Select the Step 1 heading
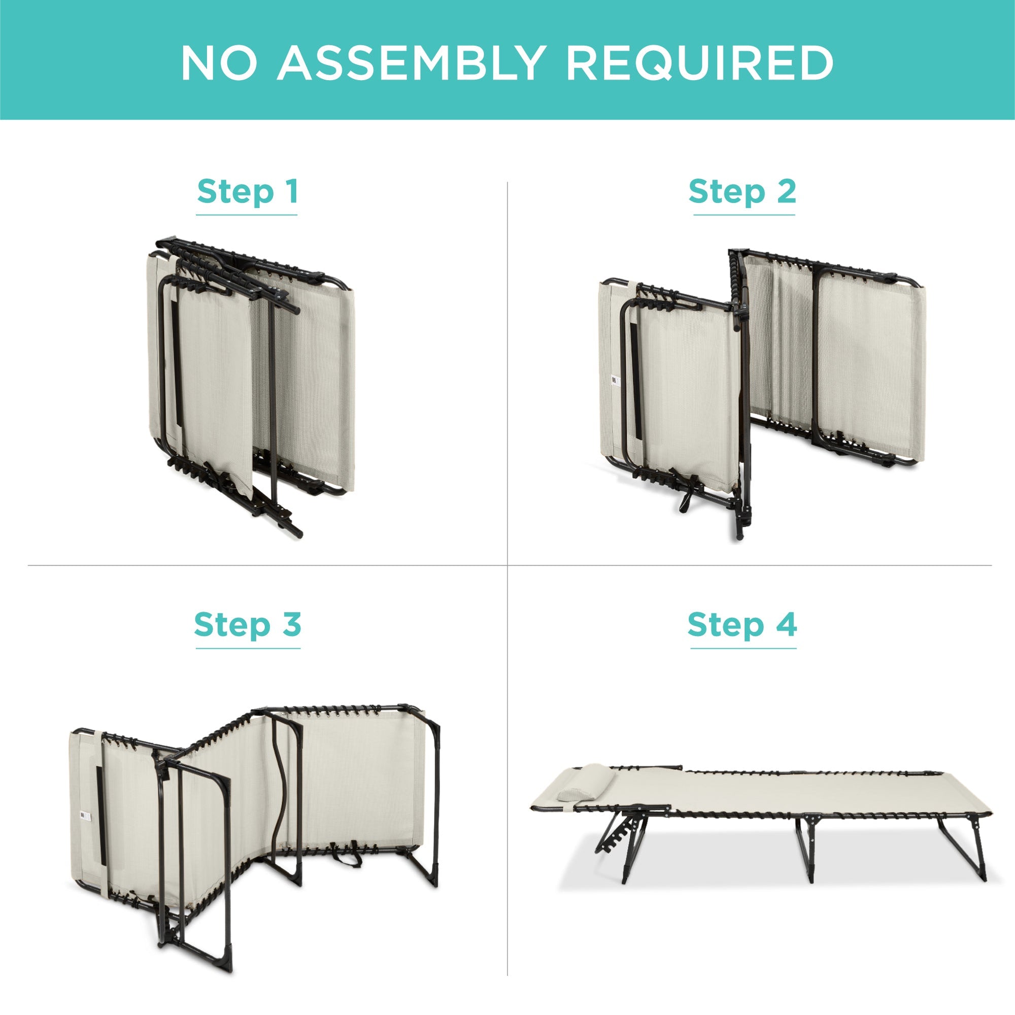click(x=248, y=192)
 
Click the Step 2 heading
click(x=742, y=192)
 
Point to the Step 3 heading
click(x=248, y=625)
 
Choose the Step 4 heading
click(x=742, y=625)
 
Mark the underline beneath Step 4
click(x=743, y=648)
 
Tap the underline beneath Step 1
click(x=247, y=215)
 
